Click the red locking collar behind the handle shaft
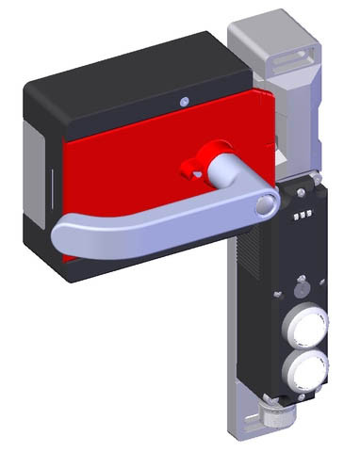[200, 163]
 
